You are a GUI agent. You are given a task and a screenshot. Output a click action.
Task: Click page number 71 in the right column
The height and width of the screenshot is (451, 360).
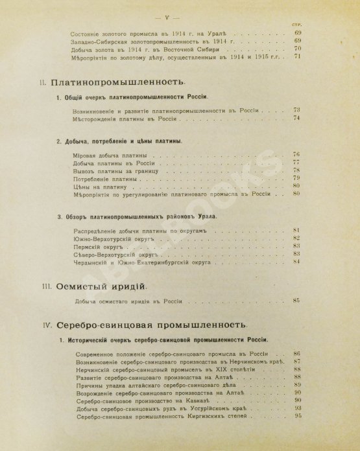299,56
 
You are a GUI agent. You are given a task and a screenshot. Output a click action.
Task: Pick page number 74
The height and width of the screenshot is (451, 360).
298,119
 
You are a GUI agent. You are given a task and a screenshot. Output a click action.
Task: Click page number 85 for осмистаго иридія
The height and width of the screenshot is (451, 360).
298,300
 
